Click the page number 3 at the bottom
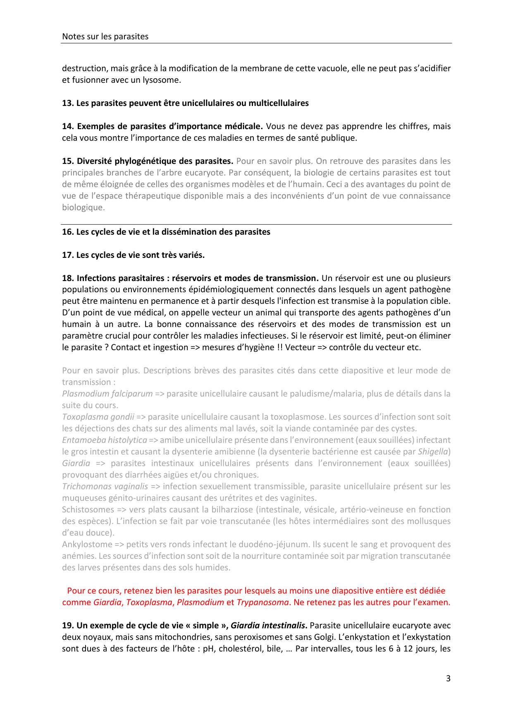(x=448, y=678)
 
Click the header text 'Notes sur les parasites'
(x=105, y=36)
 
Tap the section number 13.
(x=67, y=103)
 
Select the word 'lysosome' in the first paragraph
(x=164, y=80)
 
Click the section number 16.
(x=67, y=232)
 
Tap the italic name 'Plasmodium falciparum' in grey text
(x=107, y=394)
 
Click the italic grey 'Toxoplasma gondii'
(x=98, y=417)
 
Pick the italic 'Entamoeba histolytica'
(x=105, y=440)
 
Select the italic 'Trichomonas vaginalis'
(x=105, y=486)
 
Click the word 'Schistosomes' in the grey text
(x=88, y=510)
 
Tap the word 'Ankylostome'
(x=87, y=544)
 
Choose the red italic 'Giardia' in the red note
(x=107, y=602)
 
